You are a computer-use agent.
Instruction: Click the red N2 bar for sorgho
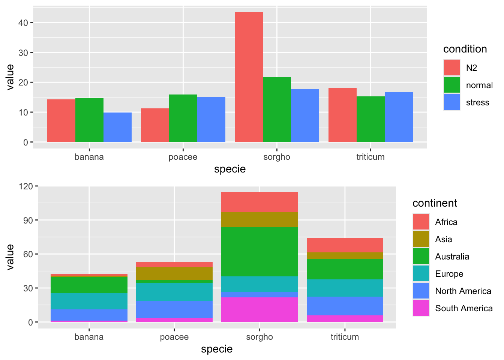point(249,77)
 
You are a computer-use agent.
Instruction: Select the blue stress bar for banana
point(117,127)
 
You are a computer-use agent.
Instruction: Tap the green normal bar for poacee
point(183,118)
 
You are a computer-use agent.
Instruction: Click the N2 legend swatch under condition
point(452,68)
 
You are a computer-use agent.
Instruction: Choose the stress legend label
point(477,102)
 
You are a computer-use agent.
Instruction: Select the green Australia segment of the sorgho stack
point(259,252)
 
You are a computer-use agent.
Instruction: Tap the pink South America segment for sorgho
point(259,310)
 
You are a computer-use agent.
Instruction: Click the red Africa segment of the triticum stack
point(345,245)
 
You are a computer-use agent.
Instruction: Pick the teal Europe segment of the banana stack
point(89,301)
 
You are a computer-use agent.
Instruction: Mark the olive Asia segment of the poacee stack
point(174,273)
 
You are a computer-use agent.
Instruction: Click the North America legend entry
point(463,291)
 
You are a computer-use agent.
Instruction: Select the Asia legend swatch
point(421,239)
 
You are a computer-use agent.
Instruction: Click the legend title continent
point(435,203)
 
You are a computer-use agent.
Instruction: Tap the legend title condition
point(465,49)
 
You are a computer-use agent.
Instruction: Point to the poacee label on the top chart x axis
point(183,157)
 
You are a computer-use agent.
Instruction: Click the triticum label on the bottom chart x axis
point(345,337)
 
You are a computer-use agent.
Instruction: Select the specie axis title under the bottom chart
point(217,349)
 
